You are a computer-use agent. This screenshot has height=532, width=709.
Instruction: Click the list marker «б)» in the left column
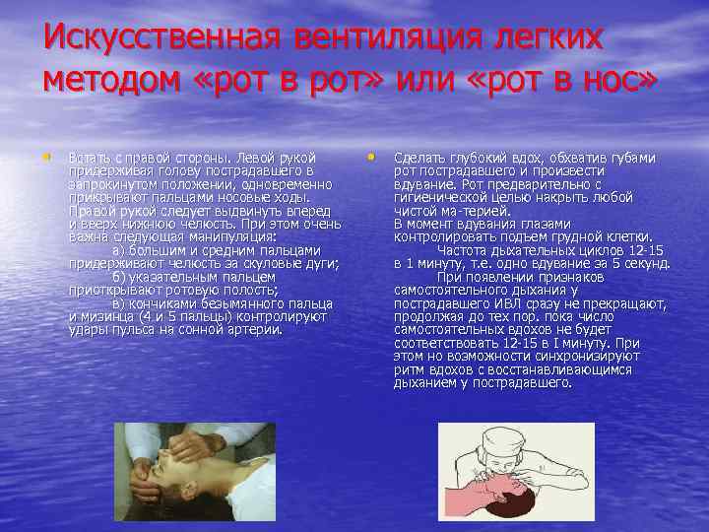(119, 277)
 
